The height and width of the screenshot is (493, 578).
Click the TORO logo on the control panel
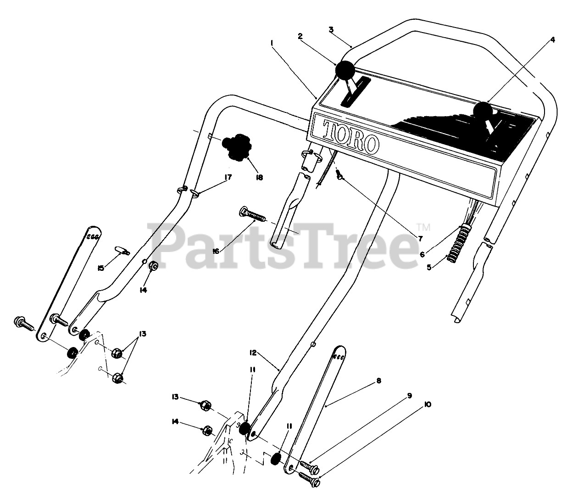[351, 136]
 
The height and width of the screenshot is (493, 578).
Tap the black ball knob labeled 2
[345, 70]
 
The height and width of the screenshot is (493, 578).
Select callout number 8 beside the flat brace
[378, 381]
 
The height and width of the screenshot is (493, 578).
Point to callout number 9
[409, 395]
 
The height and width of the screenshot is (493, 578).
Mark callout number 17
[228, 177]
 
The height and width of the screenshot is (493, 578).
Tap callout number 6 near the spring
[422, 254]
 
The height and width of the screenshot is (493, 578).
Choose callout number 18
[260, 177]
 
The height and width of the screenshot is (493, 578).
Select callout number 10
[427, 404]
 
